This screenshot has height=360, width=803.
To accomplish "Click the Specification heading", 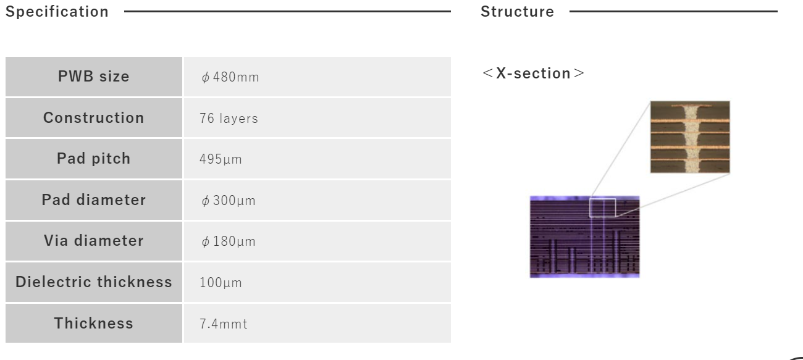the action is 57,12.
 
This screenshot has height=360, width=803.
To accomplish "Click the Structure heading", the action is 517,12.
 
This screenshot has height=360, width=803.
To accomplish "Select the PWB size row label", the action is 93,77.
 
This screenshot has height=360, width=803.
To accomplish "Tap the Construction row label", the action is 93,117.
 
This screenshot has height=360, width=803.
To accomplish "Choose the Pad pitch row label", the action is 93,159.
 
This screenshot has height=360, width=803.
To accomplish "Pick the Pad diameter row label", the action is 93,199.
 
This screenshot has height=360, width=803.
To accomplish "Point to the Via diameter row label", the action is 93,241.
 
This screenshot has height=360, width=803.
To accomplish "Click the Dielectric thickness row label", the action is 93,282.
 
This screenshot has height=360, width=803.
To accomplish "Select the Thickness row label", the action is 93,323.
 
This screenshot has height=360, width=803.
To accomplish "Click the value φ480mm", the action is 230,77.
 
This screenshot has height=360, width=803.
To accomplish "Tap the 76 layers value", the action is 229,118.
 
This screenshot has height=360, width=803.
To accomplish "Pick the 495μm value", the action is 221,159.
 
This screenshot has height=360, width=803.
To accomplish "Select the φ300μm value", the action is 229,201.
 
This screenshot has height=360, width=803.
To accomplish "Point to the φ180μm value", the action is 229,241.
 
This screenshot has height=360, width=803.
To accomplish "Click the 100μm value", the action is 221,283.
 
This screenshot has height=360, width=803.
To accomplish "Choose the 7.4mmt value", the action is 224,324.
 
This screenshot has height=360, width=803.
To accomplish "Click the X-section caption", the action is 534,73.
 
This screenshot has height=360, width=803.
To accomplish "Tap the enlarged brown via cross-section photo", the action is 690,137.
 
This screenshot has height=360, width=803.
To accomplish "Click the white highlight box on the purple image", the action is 603,199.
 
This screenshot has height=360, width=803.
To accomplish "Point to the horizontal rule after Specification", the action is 287,12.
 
